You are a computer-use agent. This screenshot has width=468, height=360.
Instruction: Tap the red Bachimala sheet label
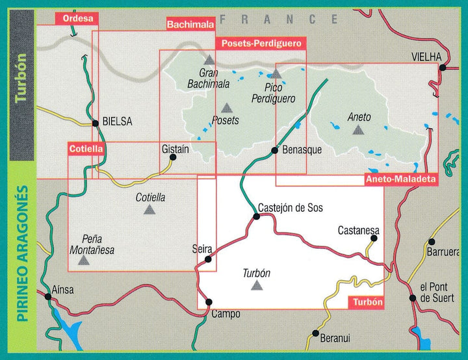[x=190, y=25]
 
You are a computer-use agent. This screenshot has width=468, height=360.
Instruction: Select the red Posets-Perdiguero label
[x=260, y=44]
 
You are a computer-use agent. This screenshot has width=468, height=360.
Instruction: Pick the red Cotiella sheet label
[x=86, y=149]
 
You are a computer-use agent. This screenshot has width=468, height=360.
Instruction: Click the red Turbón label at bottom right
[x=367, y=303]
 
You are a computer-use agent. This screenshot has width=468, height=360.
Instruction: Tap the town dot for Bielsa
[x=95, y=122]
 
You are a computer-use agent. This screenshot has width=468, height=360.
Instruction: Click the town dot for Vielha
[x=442, y=68]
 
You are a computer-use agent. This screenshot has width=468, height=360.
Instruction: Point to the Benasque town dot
[x=275, y=151]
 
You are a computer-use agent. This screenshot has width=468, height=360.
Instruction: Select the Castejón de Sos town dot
[x=256, y=216]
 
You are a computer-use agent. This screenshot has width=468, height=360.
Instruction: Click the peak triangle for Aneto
[x=357, y=130]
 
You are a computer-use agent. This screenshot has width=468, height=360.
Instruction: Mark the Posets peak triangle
[x=226, y=109]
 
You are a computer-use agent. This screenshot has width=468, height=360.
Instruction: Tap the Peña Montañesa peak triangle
[x=83, y=261]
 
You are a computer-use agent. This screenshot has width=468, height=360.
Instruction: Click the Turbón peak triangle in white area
[x=257, y=285]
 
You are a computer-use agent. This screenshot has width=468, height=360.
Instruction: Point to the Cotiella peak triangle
[x=150, y=209]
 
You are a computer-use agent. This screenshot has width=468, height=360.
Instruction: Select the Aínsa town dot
[x=47, y=297]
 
